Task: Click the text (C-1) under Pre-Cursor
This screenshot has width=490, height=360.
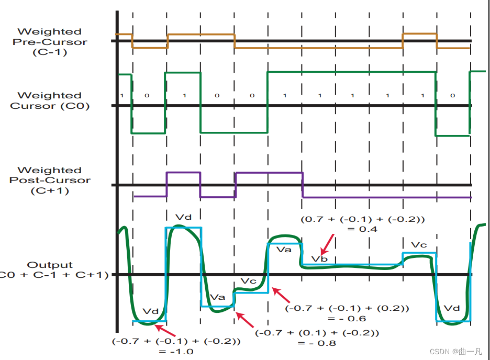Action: (x=49, y=52)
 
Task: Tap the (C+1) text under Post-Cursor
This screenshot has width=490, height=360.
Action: (x=49, y=190)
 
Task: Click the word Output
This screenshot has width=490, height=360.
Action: (x=50, y=265)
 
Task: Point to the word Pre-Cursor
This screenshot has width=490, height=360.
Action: (x=50, y=42)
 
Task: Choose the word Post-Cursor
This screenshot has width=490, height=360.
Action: (x=50, y=181)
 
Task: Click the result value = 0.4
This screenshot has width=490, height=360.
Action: (x=361, y=229)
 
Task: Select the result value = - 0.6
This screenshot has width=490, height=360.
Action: (x=347, y=318)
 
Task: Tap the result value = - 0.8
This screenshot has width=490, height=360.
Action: (x=316, y=343)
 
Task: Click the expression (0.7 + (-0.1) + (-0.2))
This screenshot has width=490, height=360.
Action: (x=362, y=219)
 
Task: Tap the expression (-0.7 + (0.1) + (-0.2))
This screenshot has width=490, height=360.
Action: (x=316, y=332)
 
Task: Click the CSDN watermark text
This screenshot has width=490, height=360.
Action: (x=455, y=352)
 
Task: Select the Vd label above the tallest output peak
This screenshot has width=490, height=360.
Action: (x=183, y=217)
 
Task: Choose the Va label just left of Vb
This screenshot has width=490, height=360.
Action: (x=284, y=250)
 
